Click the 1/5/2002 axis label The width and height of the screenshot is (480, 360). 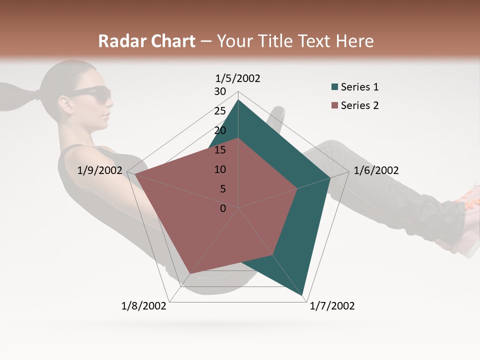click(x=237, y=78)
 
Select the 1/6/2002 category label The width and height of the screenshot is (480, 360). click(x=376, y=170)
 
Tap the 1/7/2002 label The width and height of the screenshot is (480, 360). click(x=332, y=306)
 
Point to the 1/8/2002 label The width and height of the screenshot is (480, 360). click(x=144, y=306)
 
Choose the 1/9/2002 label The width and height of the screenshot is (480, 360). click(x=99, y=170)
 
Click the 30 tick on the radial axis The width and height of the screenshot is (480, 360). click(x=220, y=91)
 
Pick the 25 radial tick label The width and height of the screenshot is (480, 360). click(x=220, y=111)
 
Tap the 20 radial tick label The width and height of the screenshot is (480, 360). click(x=220, y=130)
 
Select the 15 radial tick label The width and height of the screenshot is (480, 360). click(x=220, y=150)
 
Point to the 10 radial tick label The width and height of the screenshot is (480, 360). click(x=220, y=169)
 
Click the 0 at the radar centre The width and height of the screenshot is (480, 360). click(x=223, y=208)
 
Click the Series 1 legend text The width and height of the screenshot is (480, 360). click(x=359, y=87)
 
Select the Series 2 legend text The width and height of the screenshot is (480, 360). click(x=359, y=105)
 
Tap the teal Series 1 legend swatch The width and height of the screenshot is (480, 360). click(x=334, y=87)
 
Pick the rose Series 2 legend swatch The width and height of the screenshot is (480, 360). click(x=334, y=106)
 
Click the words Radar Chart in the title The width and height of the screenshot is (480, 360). click(x=146, y=41)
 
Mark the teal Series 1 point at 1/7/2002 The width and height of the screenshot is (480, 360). click(x=303, y=296)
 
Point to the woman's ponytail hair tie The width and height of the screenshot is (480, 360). click(x=36, y=93)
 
